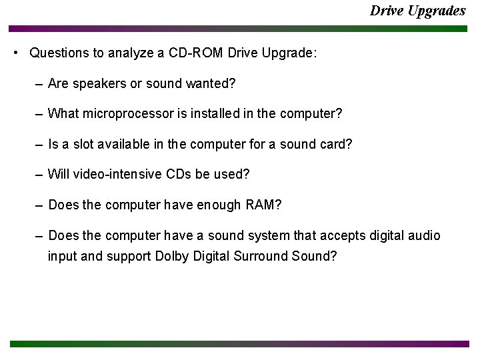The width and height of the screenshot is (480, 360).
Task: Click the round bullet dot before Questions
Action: (x=15, y=53)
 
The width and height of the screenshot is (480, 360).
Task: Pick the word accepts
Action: (x=341, y=235)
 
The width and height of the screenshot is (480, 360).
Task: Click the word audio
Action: (x=425, y=235)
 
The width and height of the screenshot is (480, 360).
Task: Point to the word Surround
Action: (x=261, y=256)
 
